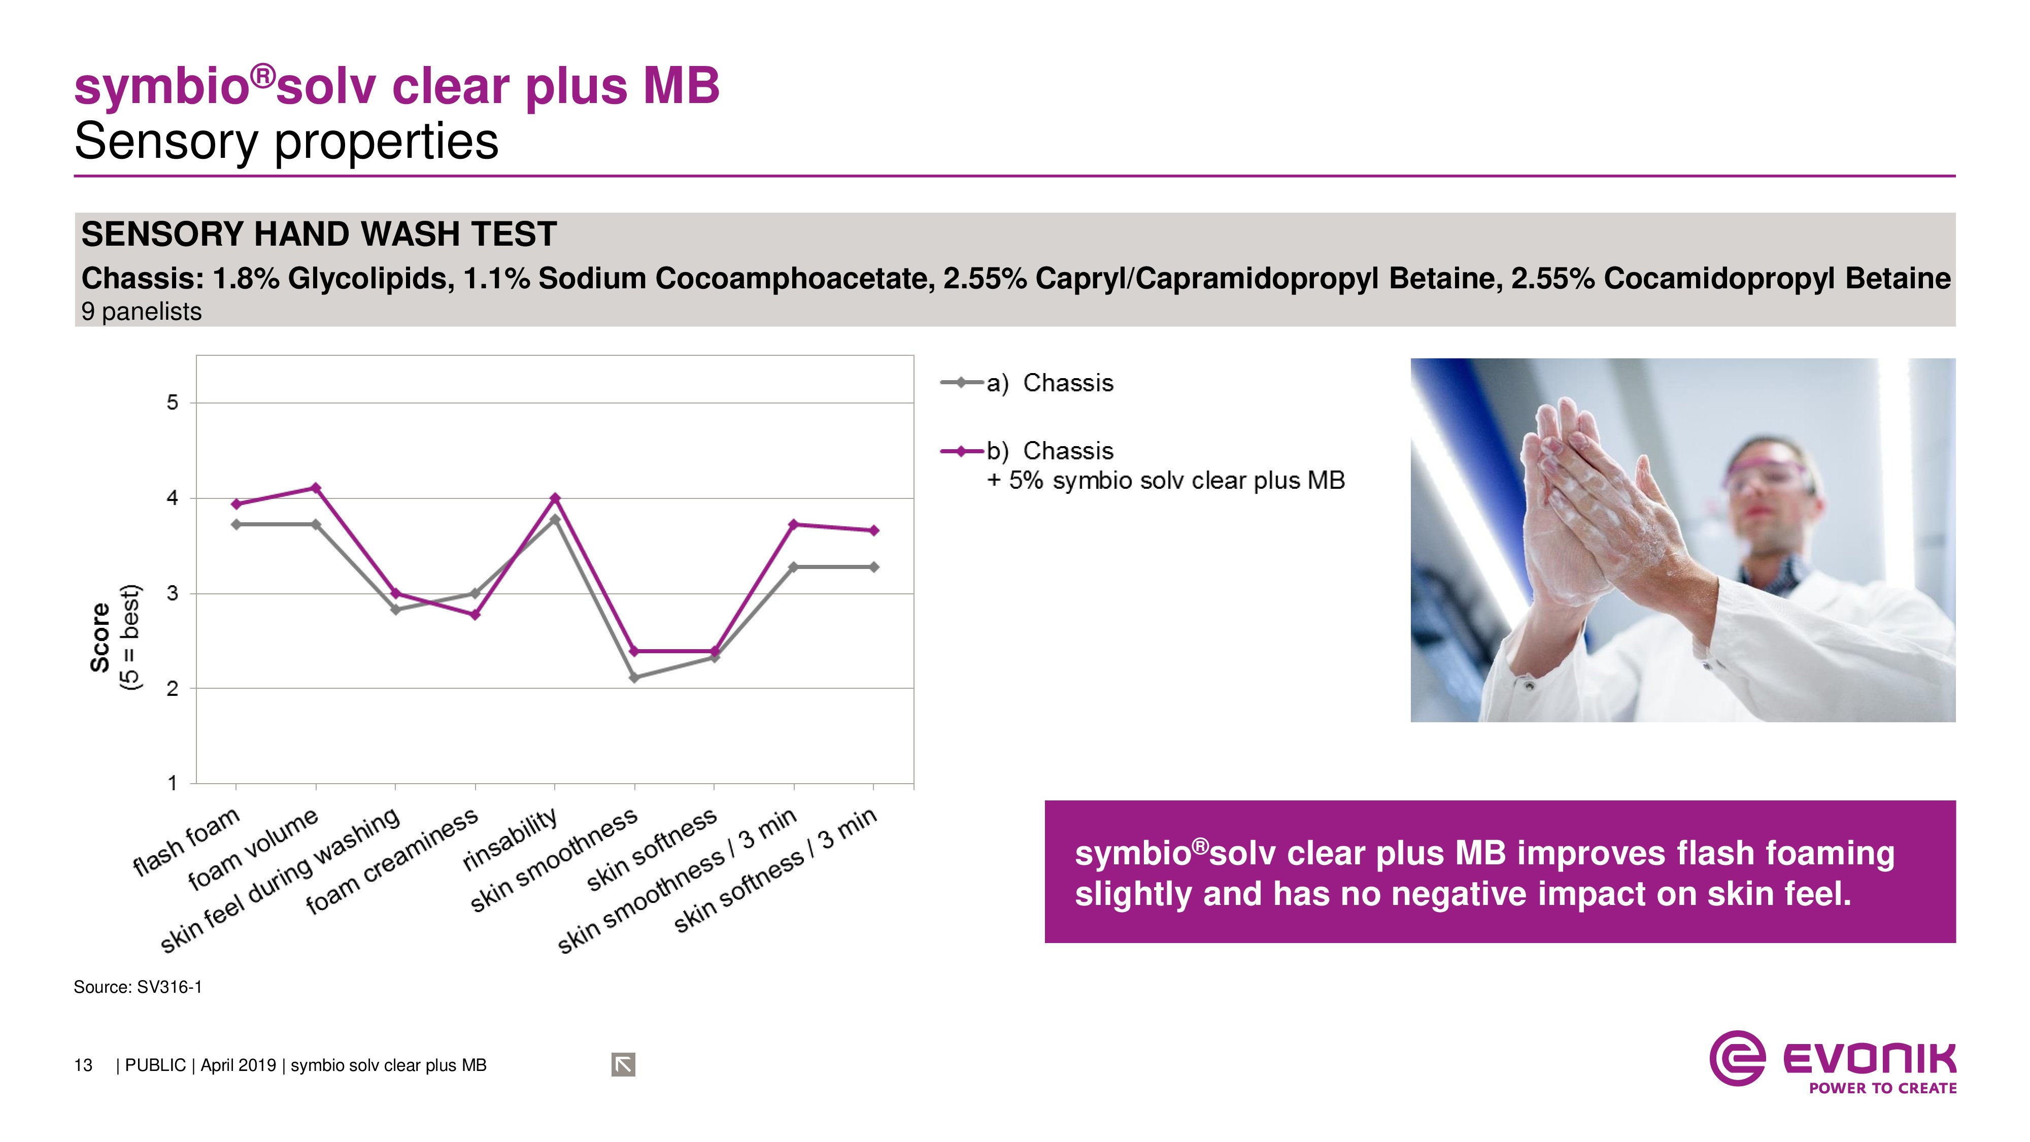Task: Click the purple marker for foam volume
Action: pyautogui.click(x=316, y=488)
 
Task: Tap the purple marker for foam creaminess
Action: pyautogui.click(x=475, y=615)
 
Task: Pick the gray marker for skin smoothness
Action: pyautogui.click(x=634, y=678)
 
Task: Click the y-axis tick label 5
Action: pyautogui.click(x=173, y=402)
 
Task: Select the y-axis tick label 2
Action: pyautogui.click(x=173, y=689)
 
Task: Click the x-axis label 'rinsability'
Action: pyautogui.click(x=511, y=840)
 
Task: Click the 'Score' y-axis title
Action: pyautogui.click(x=100, y=637)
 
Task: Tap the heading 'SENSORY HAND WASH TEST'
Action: pyautogui.click(x=319, y=234)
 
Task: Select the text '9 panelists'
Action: pyautogui.click(x=141, y=312)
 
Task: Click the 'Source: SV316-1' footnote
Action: pyautogui.click(x=138, y=987)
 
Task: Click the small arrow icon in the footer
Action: pyautogui.click(x=623, y=1065)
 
